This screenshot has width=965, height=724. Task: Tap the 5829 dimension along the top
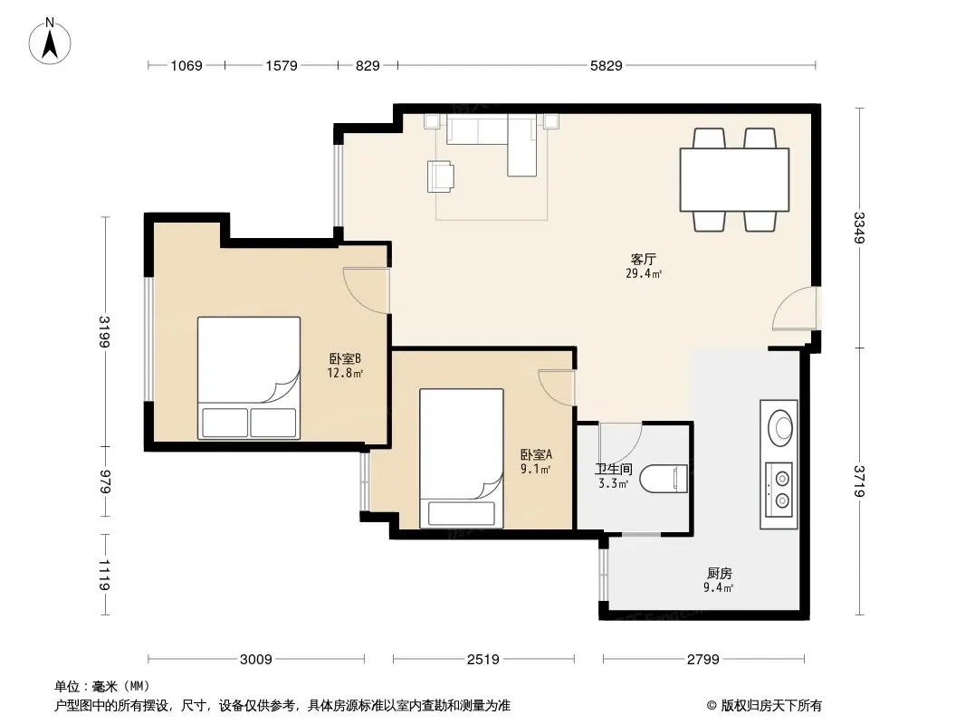[x=607, y=65]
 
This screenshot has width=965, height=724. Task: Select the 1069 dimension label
[x=188, y=65]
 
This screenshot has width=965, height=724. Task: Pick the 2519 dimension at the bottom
[x=483, y=660]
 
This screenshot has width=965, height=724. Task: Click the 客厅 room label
[x=643, y=259]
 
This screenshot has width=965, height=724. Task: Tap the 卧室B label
[x=345, y=357]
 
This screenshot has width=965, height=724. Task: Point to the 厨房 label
[x=719, y=573]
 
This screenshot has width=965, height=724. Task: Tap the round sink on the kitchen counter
[x=780, y=425]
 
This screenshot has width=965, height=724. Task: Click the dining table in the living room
[x=734, y=179]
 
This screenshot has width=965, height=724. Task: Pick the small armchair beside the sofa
[x=442, y=176]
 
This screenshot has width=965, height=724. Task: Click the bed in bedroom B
[x=249, y=377]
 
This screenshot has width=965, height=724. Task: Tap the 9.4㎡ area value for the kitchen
[x=719, y=587]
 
